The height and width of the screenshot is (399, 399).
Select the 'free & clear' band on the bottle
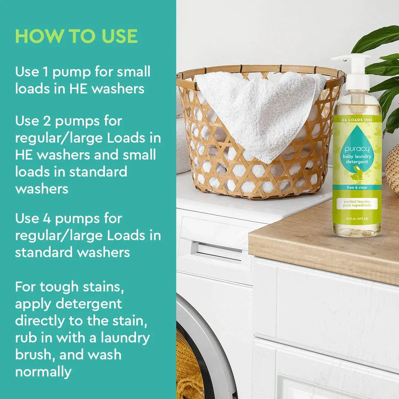(x=356, y=187)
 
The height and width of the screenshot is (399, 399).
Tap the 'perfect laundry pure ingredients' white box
(x=356, y=203)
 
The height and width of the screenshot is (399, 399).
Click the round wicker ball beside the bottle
(x=393, y=168)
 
